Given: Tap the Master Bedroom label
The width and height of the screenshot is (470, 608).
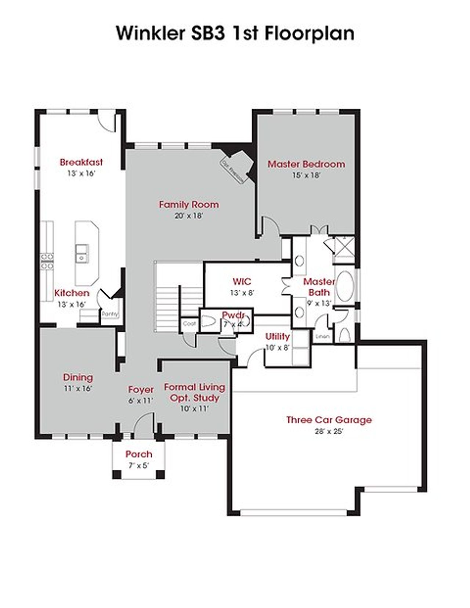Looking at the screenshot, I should click(306, 164).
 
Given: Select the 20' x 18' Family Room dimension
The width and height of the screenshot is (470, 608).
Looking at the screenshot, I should click(189, 216).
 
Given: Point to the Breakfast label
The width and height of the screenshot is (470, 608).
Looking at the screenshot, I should click(81, 162).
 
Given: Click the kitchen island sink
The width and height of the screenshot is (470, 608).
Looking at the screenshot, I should click(82, 253).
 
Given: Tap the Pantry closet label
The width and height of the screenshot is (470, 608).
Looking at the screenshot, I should click(109, 314).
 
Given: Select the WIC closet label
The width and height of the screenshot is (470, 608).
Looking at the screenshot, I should click(242, 282).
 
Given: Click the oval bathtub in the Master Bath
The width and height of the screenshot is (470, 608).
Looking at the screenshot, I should click(345, 286).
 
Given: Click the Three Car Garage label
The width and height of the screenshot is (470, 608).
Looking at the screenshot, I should click(329, 420).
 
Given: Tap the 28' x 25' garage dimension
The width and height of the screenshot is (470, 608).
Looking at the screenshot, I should click(329, 431).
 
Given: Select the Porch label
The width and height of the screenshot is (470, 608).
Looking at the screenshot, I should click(138, 454).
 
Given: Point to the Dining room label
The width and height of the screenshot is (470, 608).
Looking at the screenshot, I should click(78, 377).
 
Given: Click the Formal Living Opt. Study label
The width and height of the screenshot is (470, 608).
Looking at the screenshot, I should click(194, 392).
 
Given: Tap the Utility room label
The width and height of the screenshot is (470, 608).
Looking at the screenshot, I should click(278, 336).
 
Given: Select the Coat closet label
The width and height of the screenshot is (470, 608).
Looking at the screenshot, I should click(189, 324).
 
